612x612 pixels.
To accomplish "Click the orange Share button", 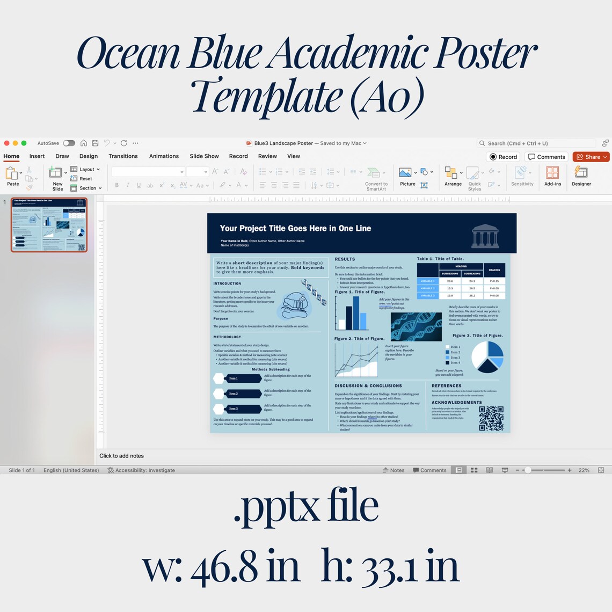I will tap(591, 157).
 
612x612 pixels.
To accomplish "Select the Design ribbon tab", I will tap(89, 156).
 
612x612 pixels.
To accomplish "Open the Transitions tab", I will tap(123, 156).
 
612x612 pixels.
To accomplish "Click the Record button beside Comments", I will tap(503, 157).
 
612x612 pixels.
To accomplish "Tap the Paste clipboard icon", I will tap(12, 173).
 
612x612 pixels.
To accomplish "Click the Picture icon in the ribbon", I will tap(406, 173).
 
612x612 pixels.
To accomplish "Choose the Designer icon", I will tap(581, 172).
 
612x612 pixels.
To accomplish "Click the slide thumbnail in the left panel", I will tap(49, 224).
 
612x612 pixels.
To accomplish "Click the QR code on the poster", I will tap(491, 418).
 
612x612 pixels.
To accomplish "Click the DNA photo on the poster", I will tap(416, 326).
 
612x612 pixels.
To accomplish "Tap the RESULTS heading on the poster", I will tap(345, 259).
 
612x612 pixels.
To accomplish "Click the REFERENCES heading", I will tap(446, 385).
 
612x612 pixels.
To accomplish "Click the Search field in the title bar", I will tap(537, 143).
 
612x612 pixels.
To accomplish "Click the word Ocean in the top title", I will tap(129, 54).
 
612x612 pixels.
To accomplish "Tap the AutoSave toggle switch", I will tap(69, 143).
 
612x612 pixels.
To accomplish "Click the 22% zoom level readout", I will tap(584, 470).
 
